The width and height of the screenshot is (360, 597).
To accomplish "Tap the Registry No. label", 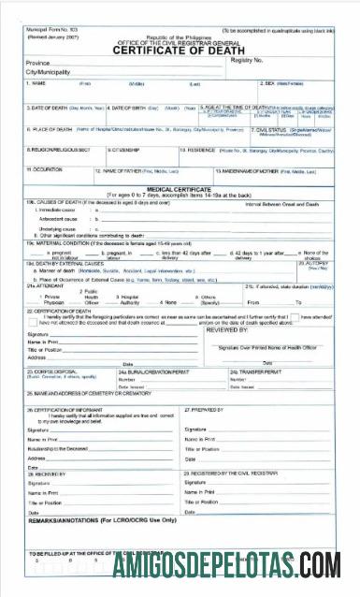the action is (246, 59).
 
